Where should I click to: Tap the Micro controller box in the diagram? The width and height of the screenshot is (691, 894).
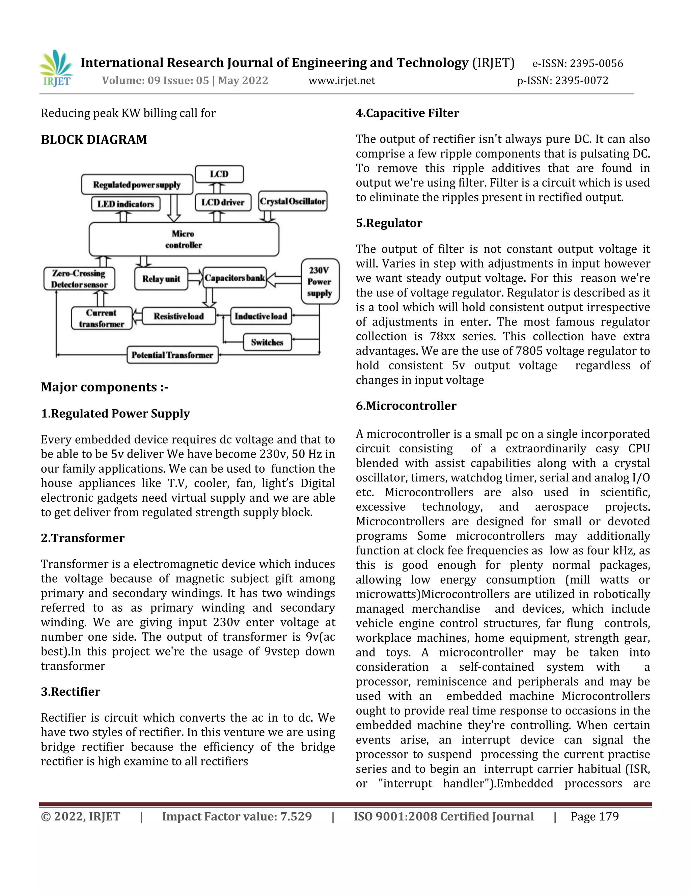(x=184, y=240)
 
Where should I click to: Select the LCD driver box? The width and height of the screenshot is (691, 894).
(x=223, y=202)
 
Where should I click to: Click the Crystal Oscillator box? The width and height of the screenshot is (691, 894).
(x=293, y=201)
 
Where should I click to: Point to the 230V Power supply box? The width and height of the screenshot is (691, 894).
(x=320, y=282)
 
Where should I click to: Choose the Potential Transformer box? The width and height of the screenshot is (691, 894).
(x=172, y=355)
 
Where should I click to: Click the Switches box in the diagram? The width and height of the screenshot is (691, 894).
(x=267, y=342)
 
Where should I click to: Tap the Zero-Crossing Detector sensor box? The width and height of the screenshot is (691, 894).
(x=79, y=279)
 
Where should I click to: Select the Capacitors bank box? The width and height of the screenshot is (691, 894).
(x=234, y=278)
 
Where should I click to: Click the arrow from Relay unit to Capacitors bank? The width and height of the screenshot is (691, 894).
(x=195, y=278)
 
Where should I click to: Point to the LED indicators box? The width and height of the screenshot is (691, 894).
(x=126, y=204)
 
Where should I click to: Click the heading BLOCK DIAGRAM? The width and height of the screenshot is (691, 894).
(x=94, y=140)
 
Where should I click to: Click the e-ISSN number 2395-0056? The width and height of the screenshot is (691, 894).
(x=596, y=63)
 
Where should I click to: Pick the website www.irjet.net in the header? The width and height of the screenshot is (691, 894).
(x=341, y=81)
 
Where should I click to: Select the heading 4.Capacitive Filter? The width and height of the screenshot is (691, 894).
(x=407, y=113)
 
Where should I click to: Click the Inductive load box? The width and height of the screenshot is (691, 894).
(x=261, y=316)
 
